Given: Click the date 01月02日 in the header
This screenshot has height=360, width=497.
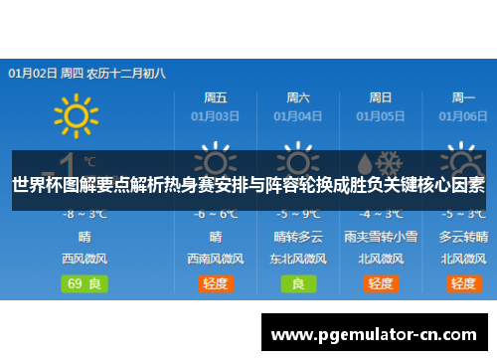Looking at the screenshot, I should point(33,73).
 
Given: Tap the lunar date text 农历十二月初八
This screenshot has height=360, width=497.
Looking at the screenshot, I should point(127,73).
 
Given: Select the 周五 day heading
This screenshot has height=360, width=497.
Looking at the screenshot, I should point(216,97).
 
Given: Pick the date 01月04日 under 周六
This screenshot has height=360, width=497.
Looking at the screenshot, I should point(298,115).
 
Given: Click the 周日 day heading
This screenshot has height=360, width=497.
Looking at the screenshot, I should point(381,97).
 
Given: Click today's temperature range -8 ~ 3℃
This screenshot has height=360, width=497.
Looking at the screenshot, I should point(84,214).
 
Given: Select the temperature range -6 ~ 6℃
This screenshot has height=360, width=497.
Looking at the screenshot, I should point(216,214).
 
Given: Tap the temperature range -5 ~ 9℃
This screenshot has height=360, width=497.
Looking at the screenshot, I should point(298,214).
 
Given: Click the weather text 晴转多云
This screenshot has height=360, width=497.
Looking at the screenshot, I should point(298,237).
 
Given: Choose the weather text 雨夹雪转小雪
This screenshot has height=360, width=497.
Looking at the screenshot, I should point(381,237).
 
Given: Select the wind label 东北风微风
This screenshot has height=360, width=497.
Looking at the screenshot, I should point(298,259).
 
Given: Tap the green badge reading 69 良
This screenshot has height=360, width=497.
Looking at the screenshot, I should point(84,282).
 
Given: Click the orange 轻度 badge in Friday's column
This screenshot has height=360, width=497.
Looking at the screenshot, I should point(216,282).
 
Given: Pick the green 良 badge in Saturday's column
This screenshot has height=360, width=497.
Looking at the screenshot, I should point(298,282).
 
